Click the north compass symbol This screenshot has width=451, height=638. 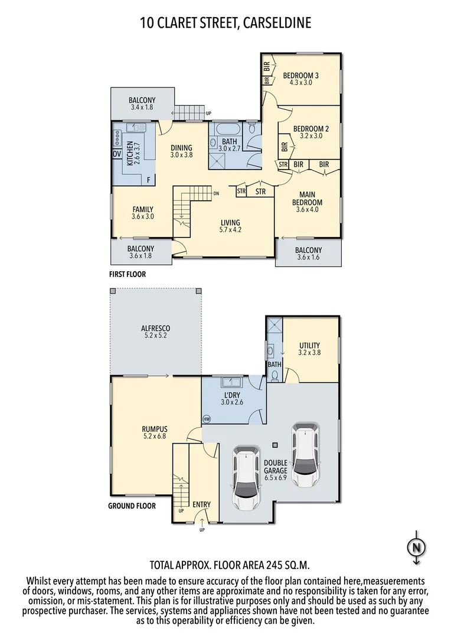pyautogui.click(x=417, y=548)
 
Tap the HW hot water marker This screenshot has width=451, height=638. pyautogui.click(x=206, y=419)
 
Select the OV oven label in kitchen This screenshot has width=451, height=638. pyautogui.click(x=116, y=154)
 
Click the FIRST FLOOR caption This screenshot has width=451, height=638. pyautogui.click(x=127, y=274)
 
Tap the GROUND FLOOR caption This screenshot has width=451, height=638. pyautogui.click(x=132, y=506)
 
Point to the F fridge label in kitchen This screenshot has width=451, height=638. pyautogui.click(x=148, y=178)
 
